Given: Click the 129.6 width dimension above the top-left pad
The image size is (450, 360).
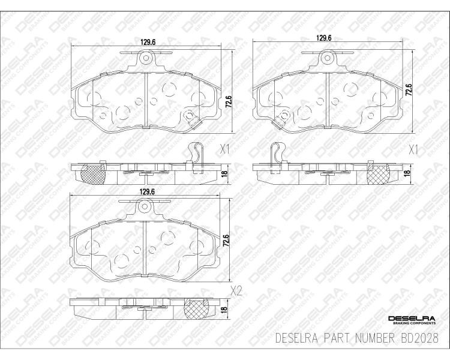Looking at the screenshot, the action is tap(148, 42).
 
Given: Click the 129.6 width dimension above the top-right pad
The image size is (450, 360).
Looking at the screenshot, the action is tap(324, 38).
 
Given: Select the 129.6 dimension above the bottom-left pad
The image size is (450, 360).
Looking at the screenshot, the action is tap(147, 192).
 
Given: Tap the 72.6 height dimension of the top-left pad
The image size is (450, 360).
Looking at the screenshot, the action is tap(229, 101).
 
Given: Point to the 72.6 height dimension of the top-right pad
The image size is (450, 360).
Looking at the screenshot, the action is tap(409, 89).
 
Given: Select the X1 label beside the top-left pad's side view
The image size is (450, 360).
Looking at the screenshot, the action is tap(224, 149).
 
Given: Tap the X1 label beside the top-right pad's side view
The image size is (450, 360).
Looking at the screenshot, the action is tap(413, 150).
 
